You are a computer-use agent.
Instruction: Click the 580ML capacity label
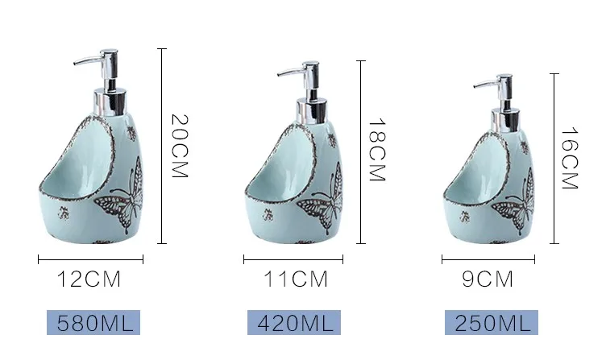tap(93, 322)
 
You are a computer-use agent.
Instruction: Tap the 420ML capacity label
tap(294, 322)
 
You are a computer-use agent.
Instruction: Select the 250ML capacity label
tap(492, 322)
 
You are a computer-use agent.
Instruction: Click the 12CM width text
tap(89, 279)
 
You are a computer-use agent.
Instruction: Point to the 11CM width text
tap(296, 279)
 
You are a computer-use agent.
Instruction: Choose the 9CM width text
tap(488, 279)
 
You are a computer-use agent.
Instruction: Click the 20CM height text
tap(180, 146)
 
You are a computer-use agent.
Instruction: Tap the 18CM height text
tap(378, 150)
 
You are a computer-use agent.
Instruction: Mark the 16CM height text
tap(569, 159)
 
